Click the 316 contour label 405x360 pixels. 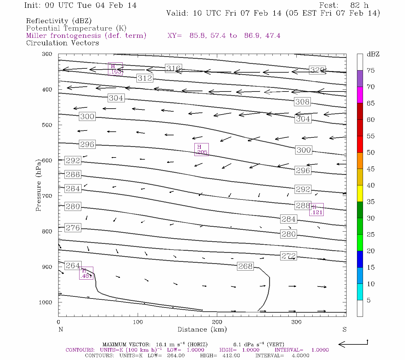click(173, 68)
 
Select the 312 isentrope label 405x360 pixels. click(145, 78)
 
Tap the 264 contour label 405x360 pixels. click(73, 265)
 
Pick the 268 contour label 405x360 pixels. click(245, 266)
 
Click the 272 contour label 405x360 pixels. click(289, 256)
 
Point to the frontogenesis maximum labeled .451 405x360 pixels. click(86, 273)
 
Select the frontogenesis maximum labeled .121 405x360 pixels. click(316, 210)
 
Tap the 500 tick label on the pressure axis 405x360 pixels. click(47, 125)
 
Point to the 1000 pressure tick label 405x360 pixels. click(46, 302)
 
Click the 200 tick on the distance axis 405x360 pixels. click(217, 322)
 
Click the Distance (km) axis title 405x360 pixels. click(202, 329)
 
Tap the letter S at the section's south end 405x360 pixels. click(344, 329)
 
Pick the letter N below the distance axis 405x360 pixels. click(61, 329)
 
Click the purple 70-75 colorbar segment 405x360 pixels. click(360, 79)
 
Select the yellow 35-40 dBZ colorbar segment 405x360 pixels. click(360, 193)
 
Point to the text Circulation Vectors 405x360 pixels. click(62, 43)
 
